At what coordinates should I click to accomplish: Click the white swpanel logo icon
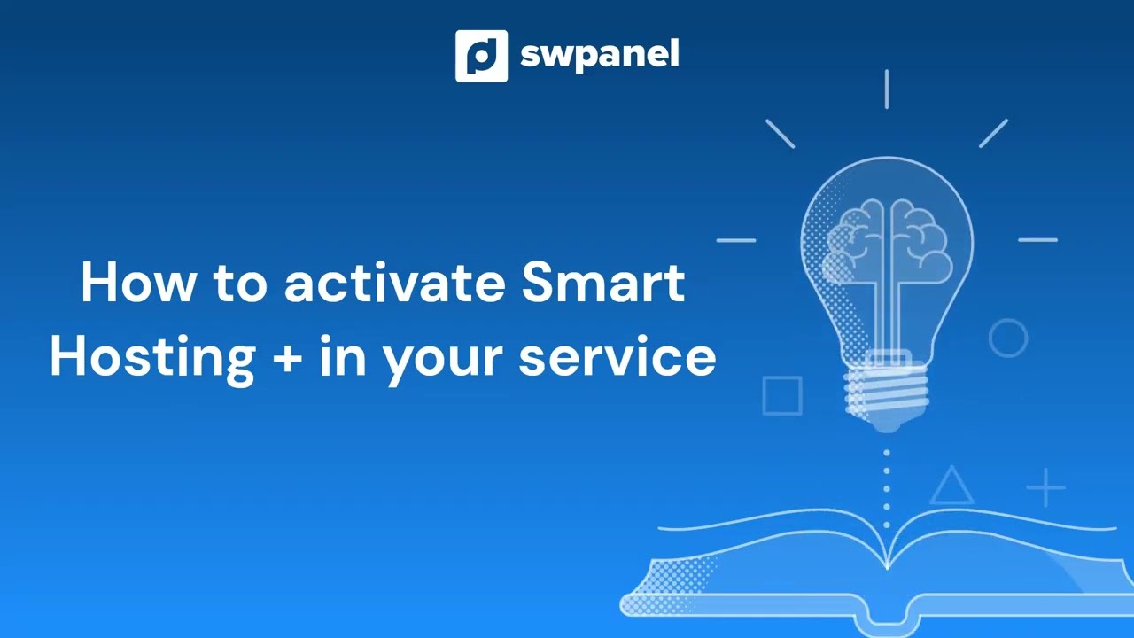coord(481,56)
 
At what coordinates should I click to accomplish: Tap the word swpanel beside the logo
coord(599,56)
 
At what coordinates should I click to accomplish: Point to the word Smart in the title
coord(602,283)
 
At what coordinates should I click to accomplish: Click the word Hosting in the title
coord(151,357)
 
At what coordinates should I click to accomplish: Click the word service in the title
coord(617,357)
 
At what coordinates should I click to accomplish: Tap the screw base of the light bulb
coord(887,390)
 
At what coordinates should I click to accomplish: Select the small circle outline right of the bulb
coord(1008,338)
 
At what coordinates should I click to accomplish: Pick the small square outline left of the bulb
coord(781,395)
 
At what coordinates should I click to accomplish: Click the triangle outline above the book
coord(951,486)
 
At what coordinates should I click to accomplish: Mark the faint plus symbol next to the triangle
coord(1046,488)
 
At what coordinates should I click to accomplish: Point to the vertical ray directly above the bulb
coord(887,89)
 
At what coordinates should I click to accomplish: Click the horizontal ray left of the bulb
coord(735,240)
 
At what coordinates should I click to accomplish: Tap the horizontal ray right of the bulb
coord(1037,240)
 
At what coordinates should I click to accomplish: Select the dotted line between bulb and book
coord(887,479)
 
